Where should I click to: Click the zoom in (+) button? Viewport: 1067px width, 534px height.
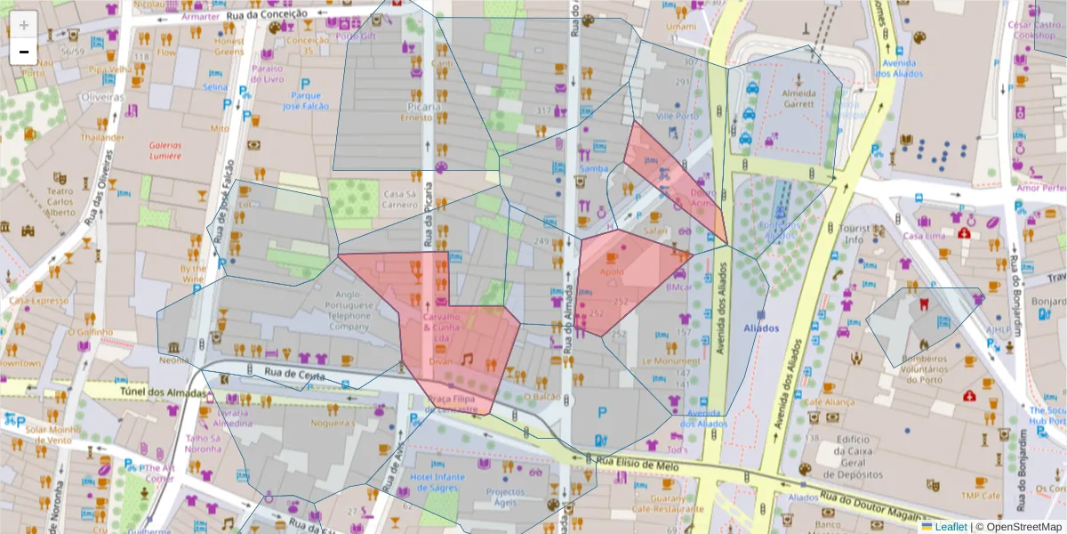coord(24,24)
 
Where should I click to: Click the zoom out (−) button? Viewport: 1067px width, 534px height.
coord(24,52)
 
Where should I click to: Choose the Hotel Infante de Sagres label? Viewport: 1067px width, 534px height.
coord(437,482)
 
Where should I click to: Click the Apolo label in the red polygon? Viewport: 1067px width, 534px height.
coord(612,271)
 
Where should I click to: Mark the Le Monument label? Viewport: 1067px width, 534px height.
coord(671,361)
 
